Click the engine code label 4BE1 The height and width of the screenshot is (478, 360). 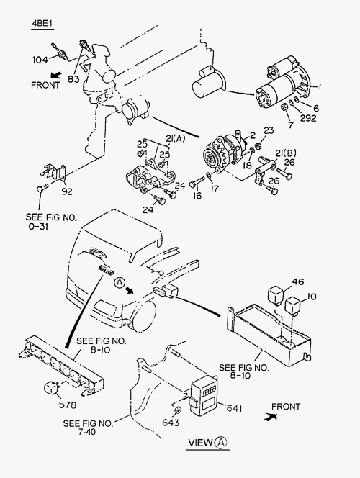42,24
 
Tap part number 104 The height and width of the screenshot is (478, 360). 40,60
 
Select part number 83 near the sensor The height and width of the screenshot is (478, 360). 73,79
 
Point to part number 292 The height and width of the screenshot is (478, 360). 308,118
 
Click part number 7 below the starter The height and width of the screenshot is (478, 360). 290,125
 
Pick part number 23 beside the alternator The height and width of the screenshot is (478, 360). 269,131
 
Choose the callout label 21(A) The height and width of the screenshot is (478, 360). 175,139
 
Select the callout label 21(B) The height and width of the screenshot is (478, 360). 286,153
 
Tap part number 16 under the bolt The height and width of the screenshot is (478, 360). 197,195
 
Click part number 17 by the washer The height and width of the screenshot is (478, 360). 215,189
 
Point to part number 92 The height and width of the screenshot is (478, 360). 67,191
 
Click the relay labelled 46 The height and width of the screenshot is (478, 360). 276,294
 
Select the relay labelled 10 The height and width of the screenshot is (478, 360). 293,305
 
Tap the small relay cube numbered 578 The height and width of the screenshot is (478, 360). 52,388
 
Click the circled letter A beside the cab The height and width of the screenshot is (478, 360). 120,283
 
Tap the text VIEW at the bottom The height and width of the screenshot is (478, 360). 200,442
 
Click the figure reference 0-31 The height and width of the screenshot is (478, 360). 38,227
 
